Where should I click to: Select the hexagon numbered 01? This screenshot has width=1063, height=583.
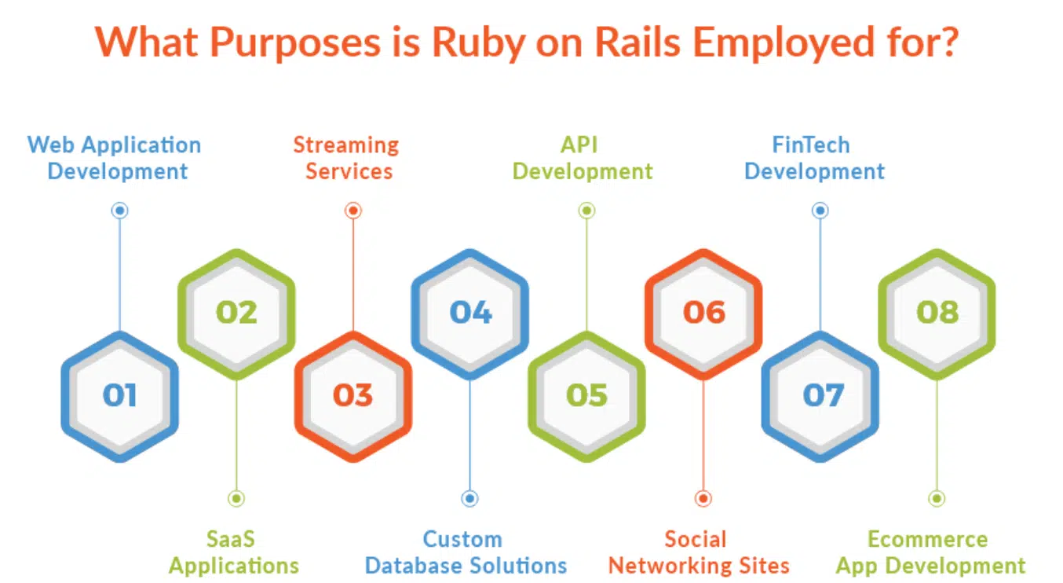pyautogui.click(x=119, y=394)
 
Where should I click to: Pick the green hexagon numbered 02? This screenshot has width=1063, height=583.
pyautogui.click(x=236, y=313)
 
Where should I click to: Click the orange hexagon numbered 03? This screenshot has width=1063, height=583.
pyautogui.click(x=353, y=394)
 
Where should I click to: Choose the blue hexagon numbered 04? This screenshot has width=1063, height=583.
pyautogui.click(x=470, y=313)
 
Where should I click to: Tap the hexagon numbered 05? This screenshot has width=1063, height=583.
pyautogui.click(x=586, y=394)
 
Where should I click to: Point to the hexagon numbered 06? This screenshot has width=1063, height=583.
pyautogui.click(x=703, y=313)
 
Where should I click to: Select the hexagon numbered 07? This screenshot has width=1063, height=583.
pyautogui.click(x=820, y=394)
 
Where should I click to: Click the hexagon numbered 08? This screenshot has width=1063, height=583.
pyautogui.click(x=937, y=313)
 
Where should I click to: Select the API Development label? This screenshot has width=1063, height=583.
pyautogui.click(x=582, y=158)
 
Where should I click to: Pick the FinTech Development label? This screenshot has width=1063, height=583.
pyautogui.click(x=814, y=158)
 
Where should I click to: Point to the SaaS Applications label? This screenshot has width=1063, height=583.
pyautogui.click(x=233, y=552)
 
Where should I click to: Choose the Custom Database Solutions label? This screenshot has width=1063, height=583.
pyautogui.click(x=466, y=552)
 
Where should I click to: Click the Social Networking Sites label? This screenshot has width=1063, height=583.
pyautogui.click(x=699, y=552)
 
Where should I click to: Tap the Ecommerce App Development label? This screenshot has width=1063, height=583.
pyautogui.click(x=930, y=552)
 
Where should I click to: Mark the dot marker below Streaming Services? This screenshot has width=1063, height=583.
pyautogui.click(x=353, y=210)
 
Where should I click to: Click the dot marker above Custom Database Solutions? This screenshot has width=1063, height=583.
pyautogui.click(x=469, y=498)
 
